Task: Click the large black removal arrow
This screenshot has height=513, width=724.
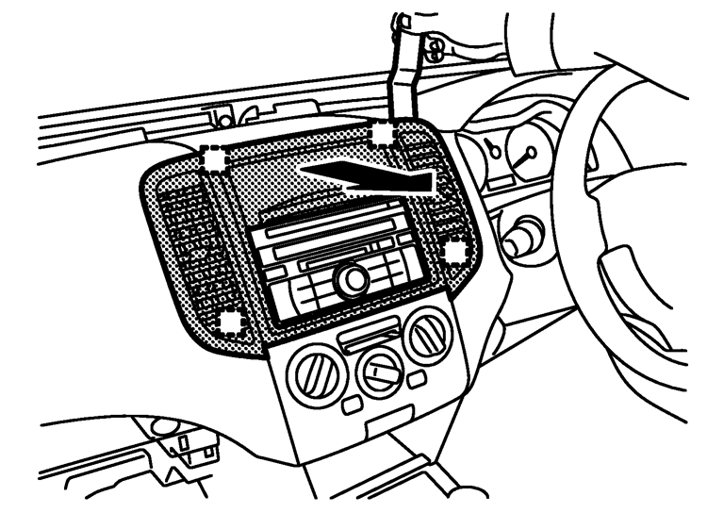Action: [368, 176]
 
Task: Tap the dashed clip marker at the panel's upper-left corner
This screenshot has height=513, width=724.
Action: [216, 160]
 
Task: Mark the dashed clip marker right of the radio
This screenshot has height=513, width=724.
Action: [455, 251]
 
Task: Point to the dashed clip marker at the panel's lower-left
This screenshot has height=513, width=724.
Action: [230, 323]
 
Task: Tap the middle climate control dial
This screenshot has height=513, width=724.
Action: [379, 371]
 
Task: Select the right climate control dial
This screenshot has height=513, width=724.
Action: [428, 336]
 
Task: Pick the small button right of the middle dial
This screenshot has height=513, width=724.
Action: [416, 377]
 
